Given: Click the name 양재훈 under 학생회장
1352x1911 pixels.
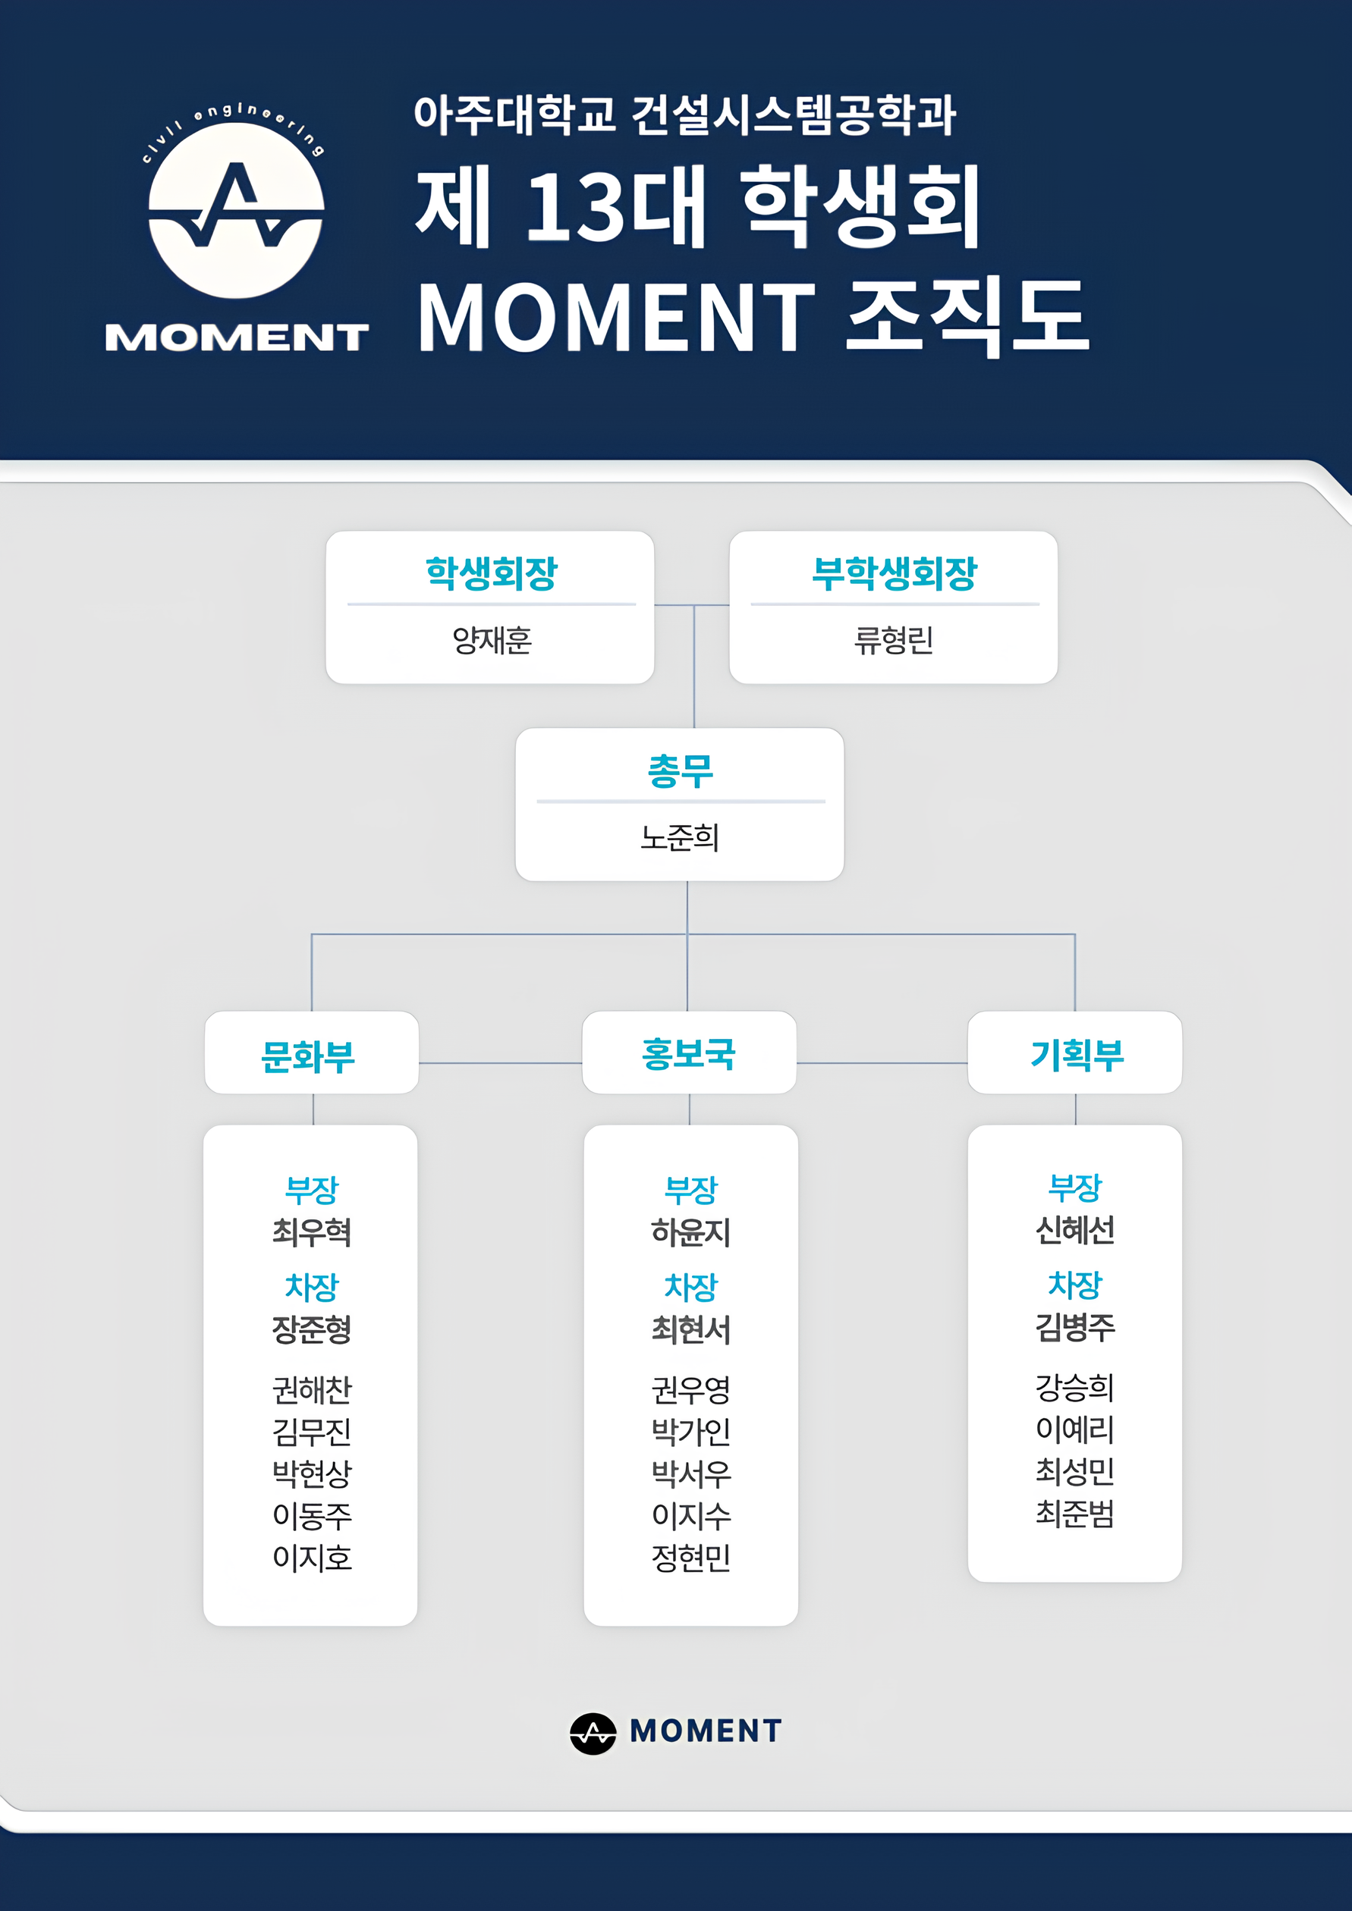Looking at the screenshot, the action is coord(491,640).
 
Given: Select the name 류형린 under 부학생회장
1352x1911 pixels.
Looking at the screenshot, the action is coord(893,640).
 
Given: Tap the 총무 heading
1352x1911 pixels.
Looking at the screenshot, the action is coord(680,770).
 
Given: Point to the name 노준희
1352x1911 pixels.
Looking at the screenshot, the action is coord(679,837).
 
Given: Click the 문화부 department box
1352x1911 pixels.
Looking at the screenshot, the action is coord(311,1052).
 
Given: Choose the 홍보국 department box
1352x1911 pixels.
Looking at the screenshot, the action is coord(690,1052).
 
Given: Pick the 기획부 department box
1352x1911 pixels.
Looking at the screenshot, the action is coord(1075,1052).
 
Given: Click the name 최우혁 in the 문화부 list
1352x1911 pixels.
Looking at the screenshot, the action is coord(312,1232).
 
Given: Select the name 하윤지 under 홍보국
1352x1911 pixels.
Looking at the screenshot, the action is coord(691,1232).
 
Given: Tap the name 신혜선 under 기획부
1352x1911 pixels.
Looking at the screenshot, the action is coord(1075,1229).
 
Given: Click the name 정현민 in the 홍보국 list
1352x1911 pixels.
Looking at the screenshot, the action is coord(691,1558).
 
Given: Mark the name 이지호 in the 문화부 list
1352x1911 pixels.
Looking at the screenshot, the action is coord(312,1558).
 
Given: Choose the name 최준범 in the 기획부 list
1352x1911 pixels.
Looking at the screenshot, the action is coord(1075,1513).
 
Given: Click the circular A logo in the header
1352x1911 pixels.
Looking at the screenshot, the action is coord(237,211).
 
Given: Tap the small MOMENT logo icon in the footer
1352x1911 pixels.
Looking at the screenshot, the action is coord(593,1734).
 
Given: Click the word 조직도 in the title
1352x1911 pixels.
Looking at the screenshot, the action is coord(967,316).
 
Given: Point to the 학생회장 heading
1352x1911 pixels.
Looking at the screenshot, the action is coord(491,573).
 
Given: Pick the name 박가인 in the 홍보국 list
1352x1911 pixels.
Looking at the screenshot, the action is coord(691,1432).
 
